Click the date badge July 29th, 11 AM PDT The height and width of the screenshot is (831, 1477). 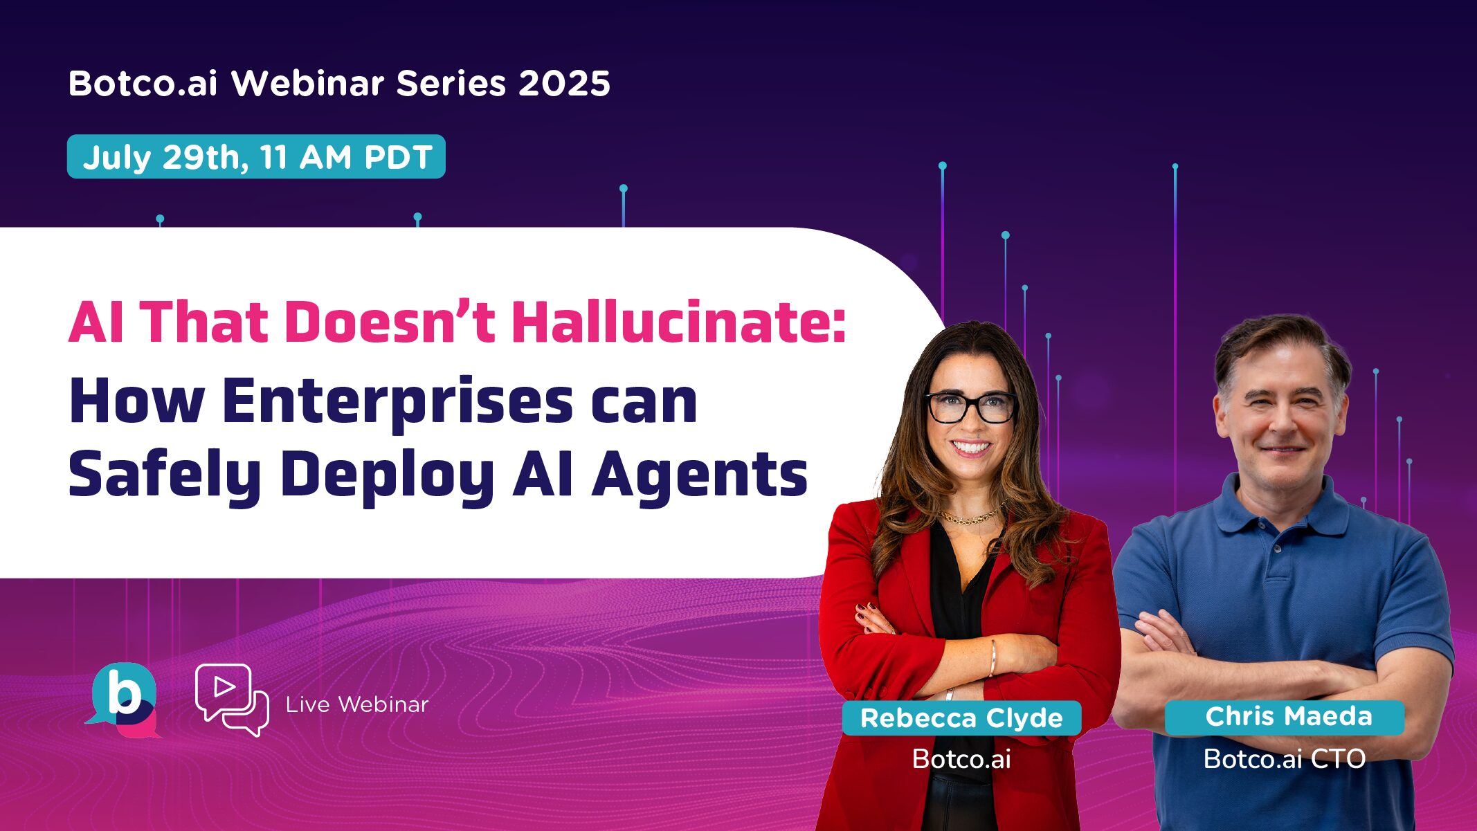(256, 157)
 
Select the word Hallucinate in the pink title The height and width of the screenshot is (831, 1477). (678, 322)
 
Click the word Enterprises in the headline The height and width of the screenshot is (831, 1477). (398, 402)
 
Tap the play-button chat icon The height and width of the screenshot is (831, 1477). (231, 699)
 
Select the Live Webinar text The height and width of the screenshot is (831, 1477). (357, 704)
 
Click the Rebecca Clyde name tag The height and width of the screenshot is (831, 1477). (961, 718)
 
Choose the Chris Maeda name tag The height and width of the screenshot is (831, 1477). (1288, 716)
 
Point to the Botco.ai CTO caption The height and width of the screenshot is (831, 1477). (1285, 759)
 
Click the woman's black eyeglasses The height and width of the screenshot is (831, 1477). (971, 407)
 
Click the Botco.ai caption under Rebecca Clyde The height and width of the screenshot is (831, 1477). (961, 759)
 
